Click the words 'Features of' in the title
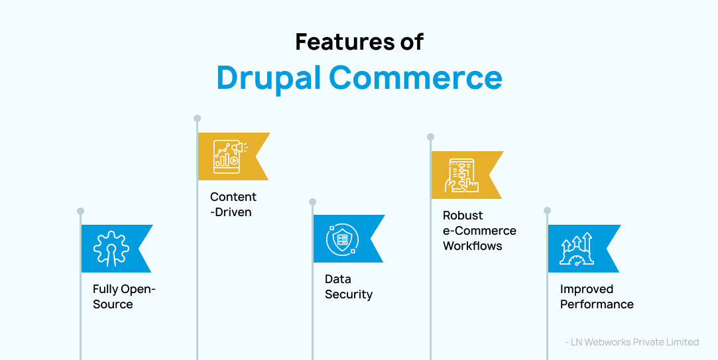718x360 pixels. pyautogui.click(x=359, y=42)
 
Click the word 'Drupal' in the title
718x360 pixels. pyautogui.click(x=269, y=78)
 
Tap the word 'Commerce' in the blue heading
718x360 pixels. pyautogui.click(x=416, y=78)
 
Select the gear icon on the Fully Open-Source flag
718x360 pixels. pyautogui.click(x=111, y=248)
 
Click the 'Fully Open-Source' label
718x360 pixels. pyautogui.click(x=123, y=297)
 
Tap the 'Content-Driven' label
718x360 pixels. pyautogui.click(x=233, y=204)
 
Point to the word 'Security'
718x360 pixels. pyautogui.click(x=349, y=294)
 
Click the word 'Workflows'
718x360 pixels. pyautogui.click(x=472, y=246)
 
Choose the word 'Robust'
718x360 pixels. pyautogui.click(x=463, y=215)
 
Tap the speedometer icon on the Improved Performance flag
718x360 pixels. pyautogui.click(x=577, y=249)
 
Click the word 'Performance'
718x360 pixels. pyautogui.click(x=597, y=304)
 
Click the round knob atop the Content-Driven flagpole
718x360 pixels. pyautogui.click(x=197, y=119)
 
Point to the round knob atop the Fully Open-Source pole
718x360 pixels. pyautogui.click(x=80, y=211)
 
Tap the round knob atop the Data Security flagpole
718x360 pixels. pyautogui.click(x=312, y=202)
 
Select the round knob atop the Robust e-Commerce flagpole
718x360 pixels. pyautogui.click(x=430, y=137)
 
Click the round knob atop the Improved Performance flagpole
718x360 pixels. pyautogui.click(x=547, y=211)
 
